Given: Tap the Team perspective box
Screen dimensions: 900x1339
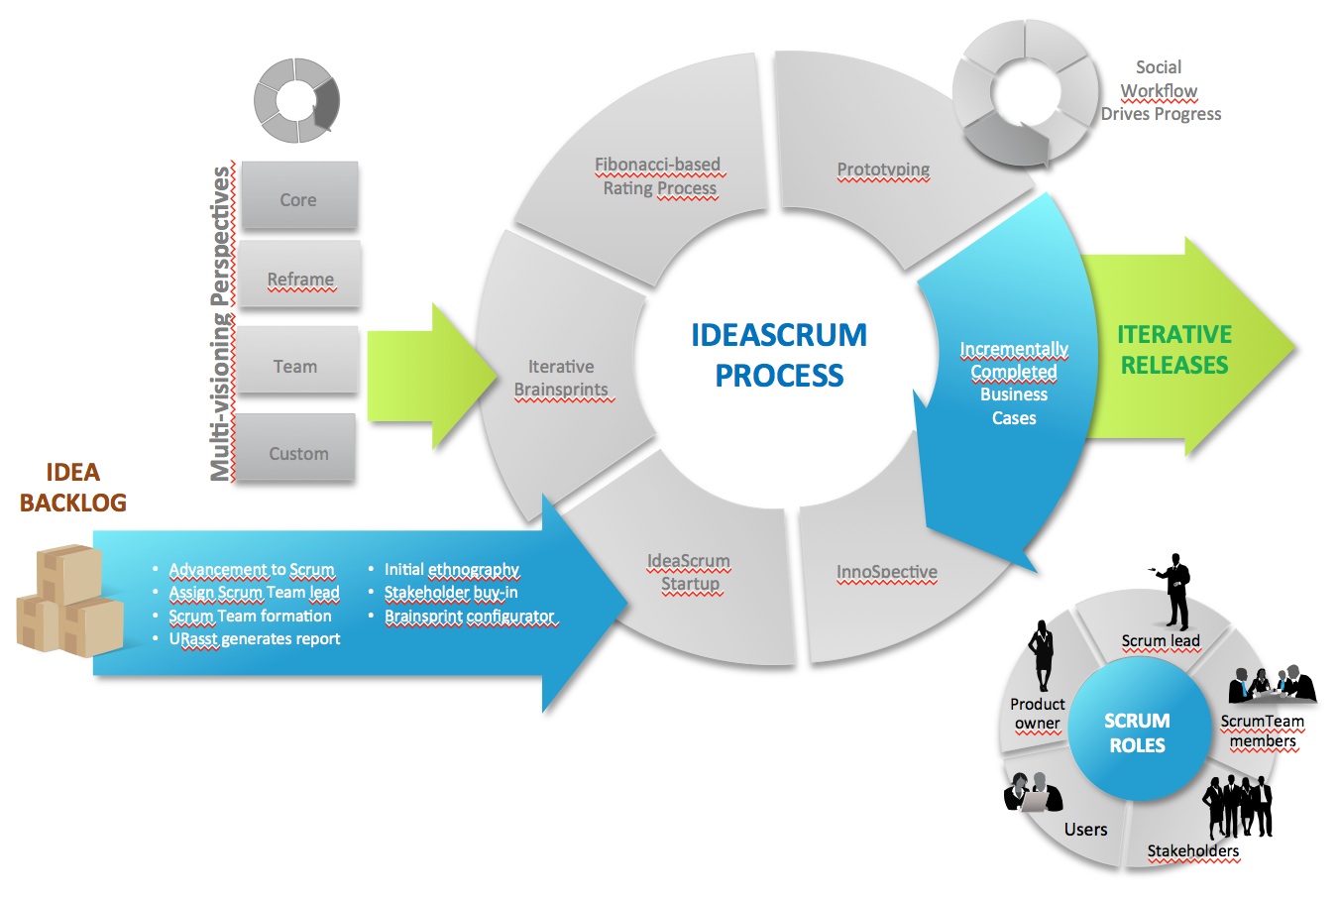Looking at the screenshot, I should pyautogui.click(x=296, y=366).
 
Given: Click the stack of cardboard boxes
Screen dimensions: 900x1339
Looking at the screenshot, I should pyautogui.click(x=69, y=601).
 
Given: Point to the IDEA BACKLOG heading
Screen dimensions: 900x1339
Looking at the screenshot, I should pyautogui.click(x=73, y=487).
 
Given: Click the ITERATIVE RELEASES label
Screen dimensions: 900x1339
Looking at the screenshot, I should pyautogui.click(x=1174, y=350).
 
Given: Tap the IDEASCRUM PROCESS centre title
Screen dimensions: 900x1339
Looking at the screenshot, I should pyautogui.click(x=779, y=355).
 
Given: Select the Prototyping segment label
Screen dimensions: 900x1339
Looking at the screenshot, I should pyautogui.click(x=883, y=169).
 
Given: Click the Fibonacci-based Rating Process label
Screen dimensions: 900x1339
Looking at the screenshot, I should pyautogui.click(x=659, y=176).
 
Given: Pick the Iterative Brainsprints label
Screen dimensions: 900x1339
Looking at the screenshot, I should pyautogui.click(x=561, y=378).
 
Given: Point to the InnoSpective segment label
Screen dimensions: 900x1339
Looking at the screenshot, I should pyautogui.click(x=886, y=572).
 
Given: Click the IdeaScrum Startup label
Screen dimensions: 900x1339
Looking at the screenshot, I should pyautogui.click(x=689, y=572).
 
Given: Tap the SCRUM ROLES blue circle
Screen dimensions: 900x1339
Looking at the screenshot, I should pyautogui.click(x=1137, y=732).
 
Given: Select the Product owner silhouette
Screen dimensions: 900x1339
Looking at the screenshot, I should pyautogui.click(x=1043, y=655).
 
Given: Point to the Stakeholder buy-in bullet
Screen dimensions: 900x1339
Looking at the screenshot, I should pyautogui.click(x=451, y=593).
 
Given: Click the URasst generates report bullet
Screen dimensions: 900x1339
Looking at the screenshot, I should pyautogui.click(x=254, y=639).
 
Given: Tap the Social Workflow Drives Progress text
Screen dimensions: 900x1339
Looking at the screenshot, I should pyautogui.click(x=1161, y=90).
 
